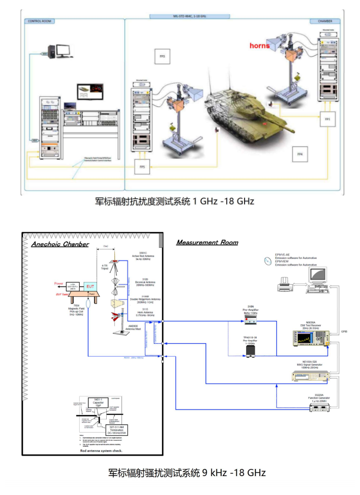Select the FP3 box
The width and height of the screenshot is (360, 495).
point(162,56)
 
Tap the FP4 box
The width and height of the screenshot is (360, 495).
point(300,154)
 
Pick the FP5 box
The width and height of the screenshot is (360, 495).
point(142,167)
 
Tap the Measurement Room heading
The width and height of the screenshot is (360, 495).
point(207,242)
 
